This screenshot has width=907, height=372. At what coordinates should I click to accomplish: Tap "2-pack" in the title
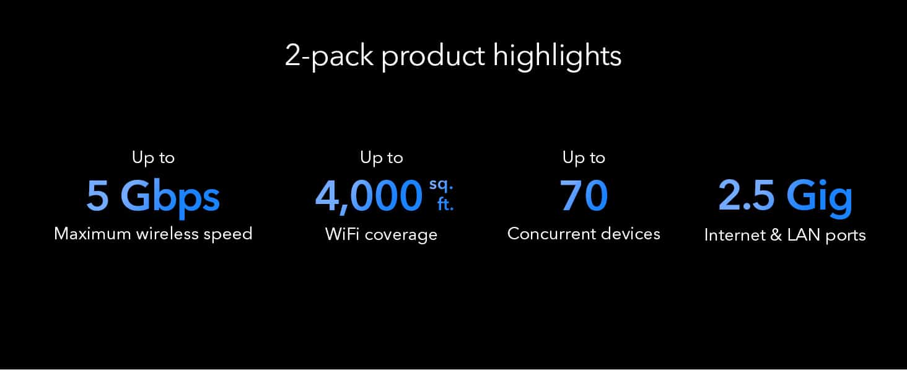tap(329, 56)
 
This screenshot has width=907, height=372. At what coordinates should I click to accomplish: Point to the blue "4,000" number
tap(369, 197)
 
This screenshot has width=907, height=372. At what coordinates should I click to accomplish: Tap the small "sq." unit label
tap(441, 185)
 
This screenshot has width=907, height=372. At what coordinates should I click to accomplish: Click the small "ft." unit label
tap(445, 204)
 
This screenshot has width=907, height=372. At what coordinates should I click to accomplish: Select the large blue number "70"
tap(584, 195)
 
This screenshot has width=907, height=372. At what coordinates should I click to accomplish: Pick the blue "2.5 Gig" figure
tap(786, 197)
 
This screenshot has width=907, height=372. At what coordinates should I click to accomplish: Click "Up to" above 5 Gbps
tap(153, 157)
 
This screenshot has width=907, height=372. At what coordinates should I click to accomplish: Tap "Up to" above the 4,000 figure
tap(382, 157)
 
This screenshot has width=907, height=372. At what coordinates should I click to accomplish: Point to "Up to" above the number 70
tap(584, 157)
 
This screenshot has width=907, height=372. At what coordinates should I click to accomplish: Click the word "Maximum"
tap(92, 234)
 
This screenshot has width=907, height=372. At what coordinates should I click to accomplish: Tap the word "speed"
tap(228, 235)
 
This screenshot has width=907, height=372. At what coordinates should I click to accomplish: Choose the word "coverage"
tap(401, 236)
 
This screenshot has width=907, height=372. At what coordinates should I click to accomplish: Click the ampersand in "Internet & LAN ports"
tap(776, 235)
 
